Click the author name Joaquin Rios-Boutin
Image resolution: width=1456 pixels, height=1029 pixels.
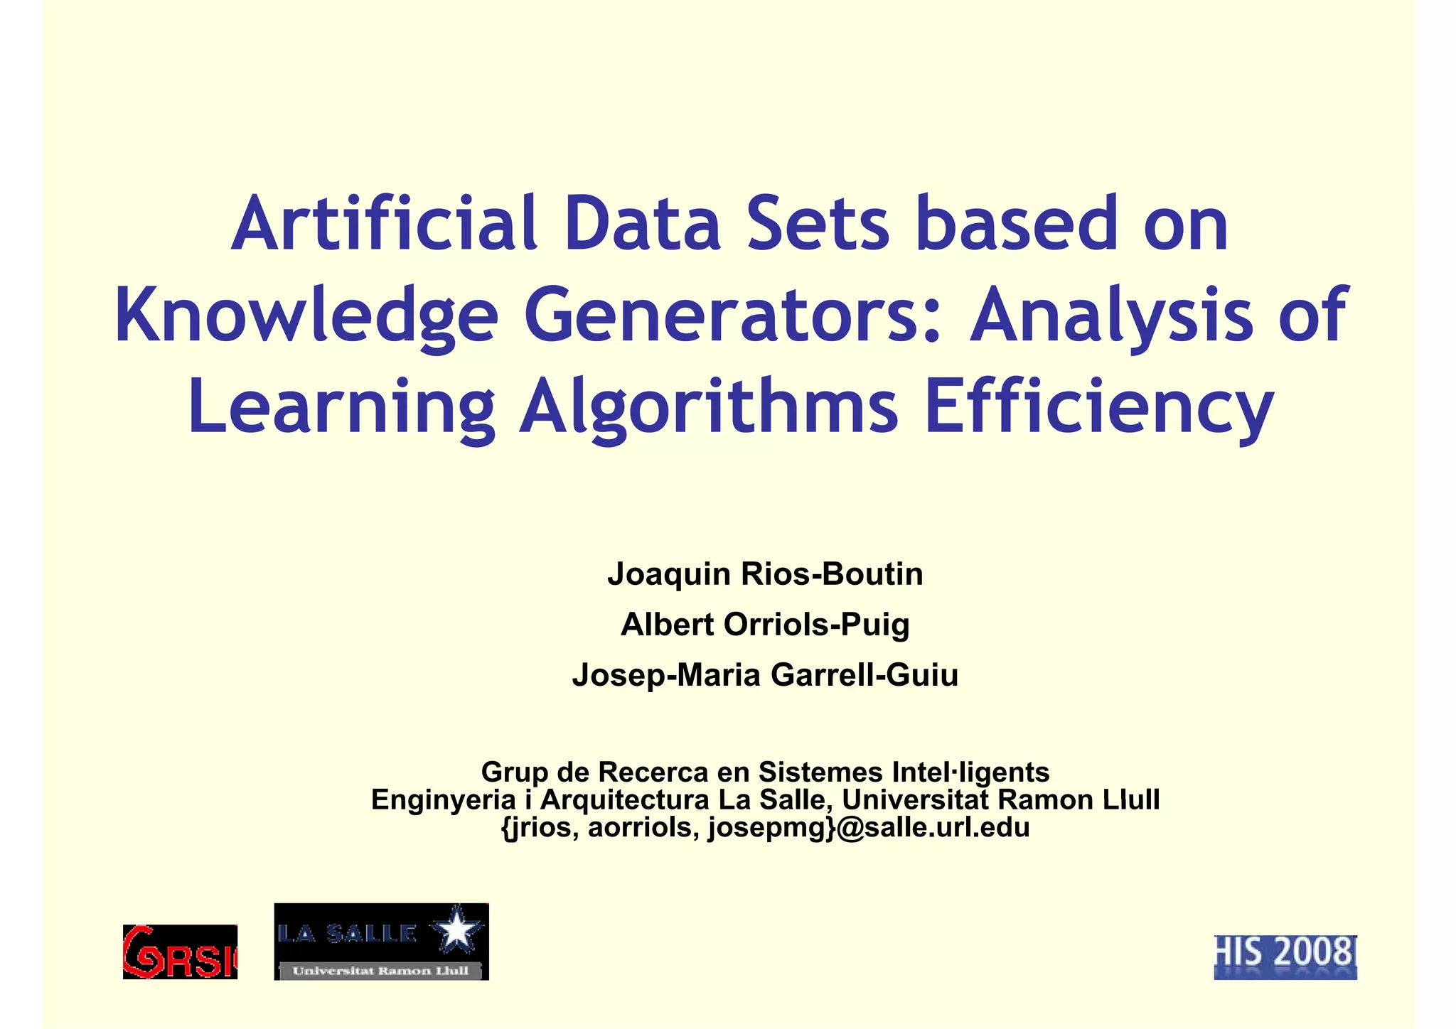click(765, 574)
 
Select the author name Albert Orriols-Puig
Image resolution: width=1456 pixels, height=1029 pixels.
click(765, 625)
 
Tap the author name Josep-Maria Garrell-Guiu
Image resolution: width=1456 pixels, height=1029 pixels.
click(765, 675)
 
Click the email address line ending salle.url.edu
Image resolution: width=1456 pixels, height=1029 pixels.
click(765, 827)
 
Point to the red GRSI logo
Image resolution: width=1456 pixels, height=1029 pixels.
click(180, 952)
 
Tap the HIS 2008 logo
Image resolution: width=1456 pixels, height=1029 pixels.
click(1285, 957)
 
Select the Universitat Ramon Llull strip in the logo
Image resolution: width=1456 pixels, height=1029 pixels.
click(381, 971)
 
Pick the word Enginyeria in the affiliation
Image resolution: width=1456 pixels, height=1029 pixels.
click(443, 799)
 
